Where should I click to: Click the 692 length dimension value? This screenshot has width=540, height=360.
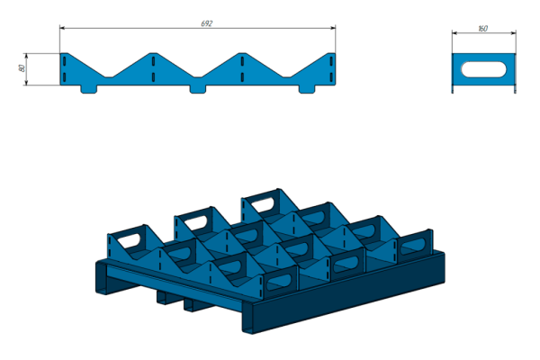coord(207,23)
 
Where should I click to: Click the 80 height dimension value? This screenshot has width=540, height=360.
coord(22,68)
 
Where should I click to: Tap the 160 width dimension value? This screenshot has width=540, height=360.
coord(482,29)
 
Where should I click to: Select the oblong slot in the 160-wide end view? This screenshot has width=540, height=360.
coord(484,69)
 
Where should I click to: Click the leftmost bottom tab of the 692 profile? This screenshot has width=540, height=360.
coord(89,89)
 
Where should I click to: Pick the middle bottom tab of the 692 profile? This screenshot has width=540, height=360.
coord(198,89)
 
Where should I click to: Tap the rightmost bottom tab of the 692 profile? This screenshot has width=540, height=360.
coord(307,89)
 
